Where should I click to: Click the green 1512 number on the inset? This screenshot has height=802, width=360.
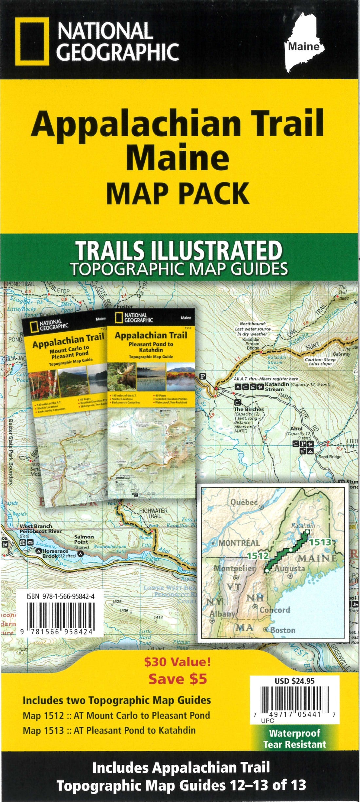pos(258,555)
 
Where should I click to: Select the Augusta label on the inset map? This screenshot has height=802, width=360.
pos(289,568)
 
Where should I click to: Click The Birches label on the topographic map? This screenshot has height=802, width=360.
pos(249,409)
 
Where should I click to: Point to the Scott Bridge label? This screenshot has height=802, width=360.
pos(330,457)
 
